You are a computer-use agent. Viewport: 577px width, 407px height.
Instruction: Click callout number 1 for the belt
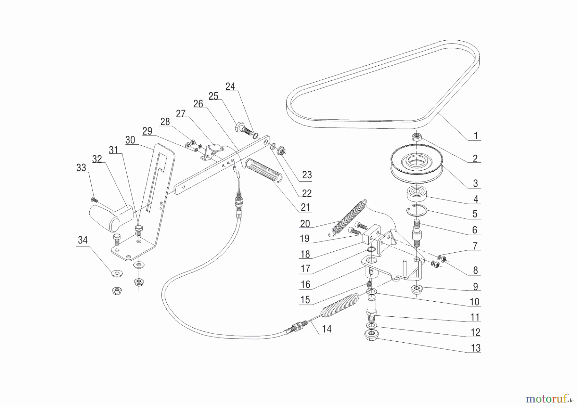476,136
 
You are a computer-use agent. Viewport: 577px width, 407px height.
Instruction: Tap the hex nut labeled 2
416,137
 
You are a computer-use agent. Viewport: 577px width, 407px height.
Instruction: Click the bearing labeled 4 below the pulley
416,194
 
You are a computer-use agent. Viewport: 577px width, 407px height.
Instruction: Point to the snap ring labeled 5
416,210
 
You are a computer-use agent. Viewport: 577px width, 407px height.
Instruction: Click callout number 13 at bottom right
476,348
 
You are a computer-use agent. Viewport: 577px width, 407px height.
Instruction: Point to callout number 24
230,86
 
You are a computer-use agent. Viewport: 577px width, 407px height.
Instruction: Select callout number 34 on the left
83,240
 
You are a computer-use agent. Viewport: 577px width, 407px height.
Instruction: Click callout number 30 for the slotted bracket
130,140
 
